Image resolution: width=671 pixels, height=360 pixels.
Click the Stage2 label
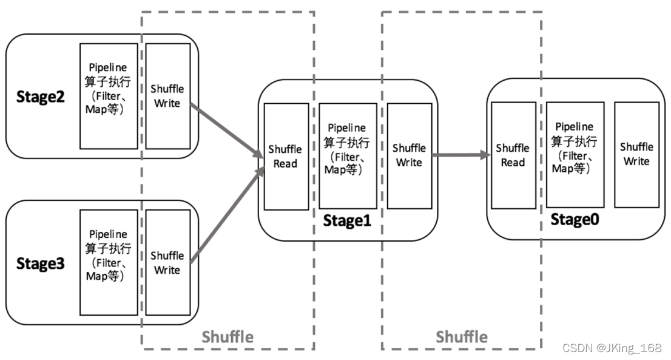pyautogui.click(x=40, y=97)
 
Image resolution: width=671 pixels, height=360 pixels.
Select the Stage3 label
pyautogui.click(x=40, y=264)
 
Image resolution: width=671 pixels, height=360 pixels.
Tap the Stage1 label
pyautogui.click(x=346, y=221)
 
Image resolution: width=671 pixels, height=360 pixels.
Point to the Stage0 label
pyautogui.click(x=574, y=219)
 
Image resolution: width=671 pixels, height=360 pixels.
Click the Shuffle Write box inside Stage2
pyautogui.click(x=167, y=96)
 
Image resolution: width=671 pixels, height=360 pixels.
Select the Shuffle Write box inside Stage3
pyautogui.click(x=167, y=262)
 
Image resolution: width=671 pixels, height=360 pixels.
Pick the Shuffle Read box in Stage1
pyautogui.click(x=286, y=156)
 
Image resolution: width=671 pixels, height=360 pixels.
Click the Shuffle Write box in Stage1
pyautogui.click(x=409, y=155)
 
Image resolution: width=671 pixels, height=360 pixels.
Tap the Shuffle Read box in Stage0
pyautogui.click(x=513, y=155)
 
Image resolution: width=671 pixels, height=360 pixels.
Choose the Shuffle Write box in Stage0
pyautogui.click(x=636, y=154)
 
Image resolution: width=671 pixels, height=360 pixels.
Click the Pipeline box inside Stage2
pyautogui.click(x=109, y=96)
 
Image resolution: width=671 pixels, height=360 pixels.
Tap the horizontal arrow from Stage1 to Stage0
pyautogui.click(x=461, y=155)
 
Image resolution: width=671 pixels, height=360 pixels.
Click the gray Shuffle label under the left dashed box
pyautogui.click(x=228, y=336)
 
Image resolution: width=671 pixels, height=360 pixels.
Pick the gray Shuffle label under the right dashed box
pyautogui.click(x=462, y=336)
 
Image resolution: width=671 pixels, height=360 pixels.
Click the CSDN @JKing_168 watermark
pyautogui.click(x=612, y=348)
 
